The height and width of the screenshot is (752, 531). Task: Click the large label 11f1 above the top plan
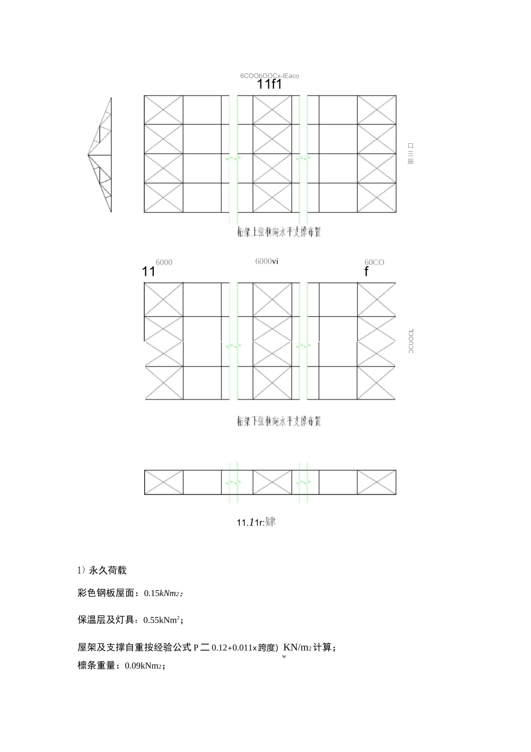tap(269, 85)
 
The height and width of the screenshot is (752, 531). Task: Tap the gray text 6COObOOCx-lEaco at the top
tap(269, 76)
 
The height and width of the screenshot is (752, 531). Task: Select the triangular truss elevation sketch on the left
tap(101, 155)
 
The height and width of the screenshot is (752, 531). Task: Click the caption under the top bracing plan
tap(279, 232)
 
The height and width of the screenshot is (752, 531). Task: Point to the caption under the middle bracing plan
tap(279, 420)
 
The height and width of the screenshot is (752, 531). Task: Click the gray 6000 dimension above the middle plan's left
tap(164, 262)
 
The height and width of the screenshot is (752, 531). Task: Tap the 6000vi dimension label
tap(267, 261)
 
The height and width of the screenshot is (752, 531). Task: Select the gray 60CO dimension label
tap(374, 262)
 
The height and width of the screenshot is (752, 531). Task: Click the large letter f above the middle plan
tap(367, 272)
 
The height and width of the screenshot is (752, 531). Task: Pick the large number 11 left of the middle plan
tap(148, 272)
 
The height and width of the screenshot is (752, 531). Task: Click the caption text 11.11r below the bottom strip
tap(256, 522)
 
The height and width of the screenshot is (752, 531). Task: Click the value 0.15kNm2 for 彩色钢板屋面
tap(163, 594)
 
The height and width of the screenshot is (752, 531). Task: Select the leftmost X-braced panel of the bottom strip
tap(164, 482)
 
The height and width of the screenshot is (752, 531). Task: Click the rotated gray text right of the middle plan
tap(411, 341)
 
